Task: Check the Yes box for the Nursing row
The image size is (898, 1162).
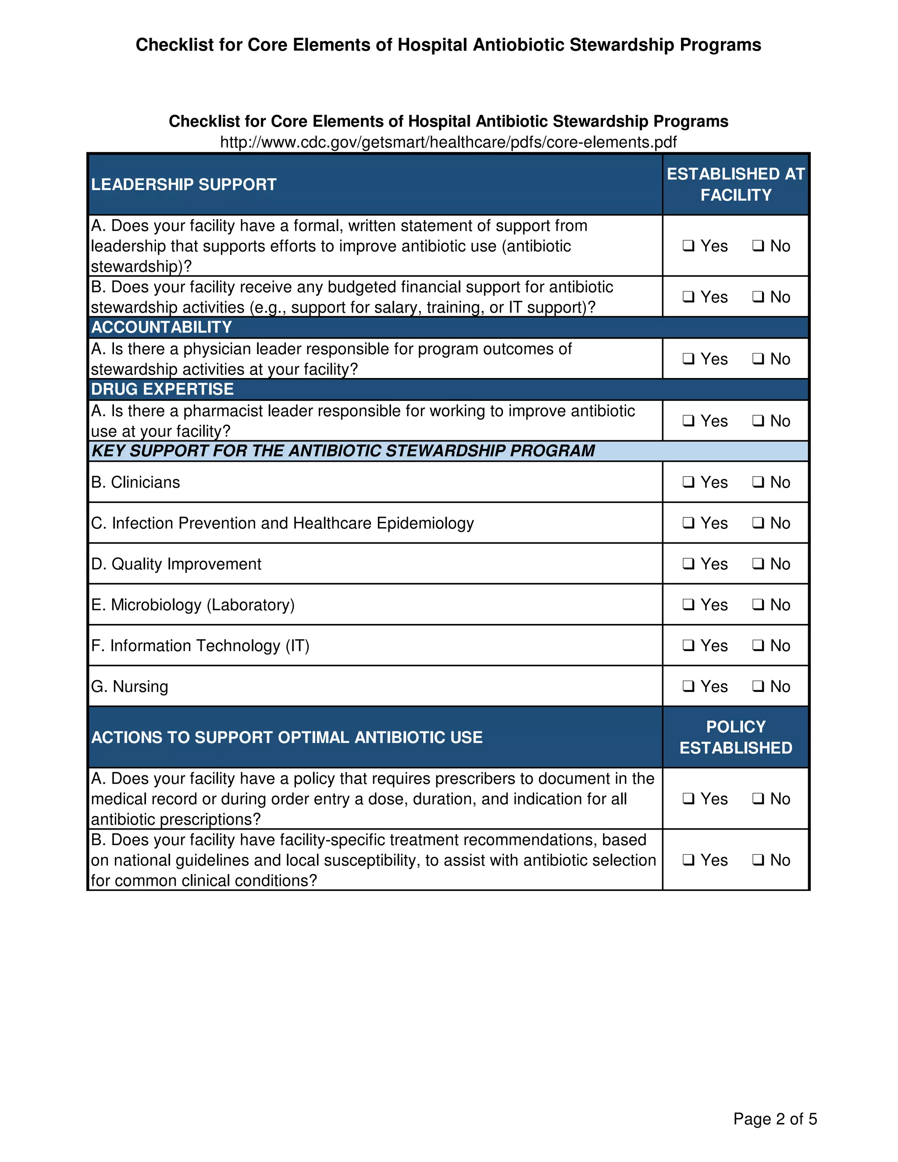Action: click(x=688, y=686)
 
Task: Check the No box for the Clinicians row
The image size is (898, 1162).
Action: click(x=758, y=482)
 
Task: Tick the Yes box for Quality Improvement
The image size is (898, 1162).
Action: click(x=688, y=563)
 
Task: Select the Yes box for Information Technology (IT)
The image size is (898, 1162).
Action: click(x=688, y=645)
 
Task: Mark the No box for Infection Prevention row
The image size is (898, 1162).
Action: click(x=758, y=523)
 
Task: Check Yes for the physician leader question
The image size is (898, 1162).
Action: click(x=688, y=359)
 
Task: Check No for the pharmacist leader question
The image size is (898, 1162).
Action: click(x=758, y=421)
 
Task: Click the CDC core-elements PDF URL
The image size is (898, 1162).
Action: click(x=449, y=142)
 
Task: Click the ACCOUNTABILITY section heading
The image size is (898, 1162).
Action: click(x=161, y=327)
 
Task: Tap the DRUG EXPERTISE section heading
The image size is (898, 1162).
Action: click(x=162, y=389)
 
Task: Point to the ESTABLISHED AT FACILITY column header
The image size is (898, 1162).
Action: click(x=736, y=184)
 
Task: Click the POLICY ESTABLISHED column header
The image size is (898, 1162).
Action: click(x=736, y=737)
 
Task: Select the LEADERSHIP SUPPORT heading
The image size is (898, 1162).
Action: click(x=184, y=185)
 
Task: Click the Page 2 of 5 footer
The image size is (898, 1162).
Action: click(x=775, y=1119)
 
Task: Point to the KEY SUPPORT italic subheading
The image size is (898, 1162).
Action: click(x=343, y=451)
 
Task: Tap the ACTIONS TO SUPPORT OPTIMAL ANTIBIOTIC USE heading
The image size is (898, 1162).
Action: click(x=287, y=738)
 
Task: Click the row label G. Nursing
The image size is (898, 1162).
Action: click(x=129, y=686)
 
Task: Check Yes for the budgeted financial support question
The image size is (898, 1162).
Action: click(x=688, y=297)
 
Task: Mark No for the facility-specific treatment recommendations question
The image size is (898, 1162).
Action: click(x=758, y=860)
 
